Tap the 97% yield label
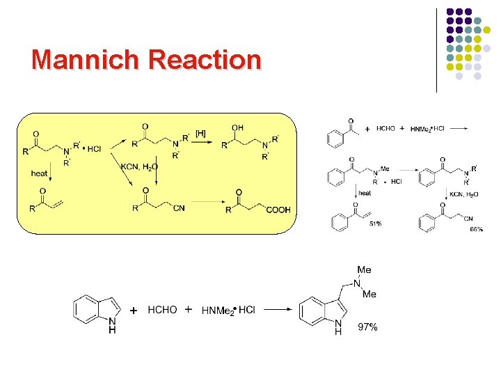point(367,327)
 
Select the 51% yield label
point(376,224)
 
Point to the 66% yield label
point(477,229)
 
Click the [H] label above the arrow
point(200,133)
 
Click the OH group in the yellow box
point(238,128)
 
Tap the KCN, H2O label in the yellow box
point(139,167)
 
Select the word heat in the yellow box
point(40,173)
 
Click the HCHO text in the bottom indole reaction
point(162,310)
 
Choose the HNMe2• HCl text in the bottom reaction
point(228,310)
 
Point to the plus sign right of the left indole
point(134,310)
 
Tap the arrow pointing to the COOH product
point(207,203)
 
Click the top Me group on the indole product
point(364,269)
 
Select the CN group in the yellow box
point(179,209)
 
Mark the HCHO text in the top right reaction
point(385,129)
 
